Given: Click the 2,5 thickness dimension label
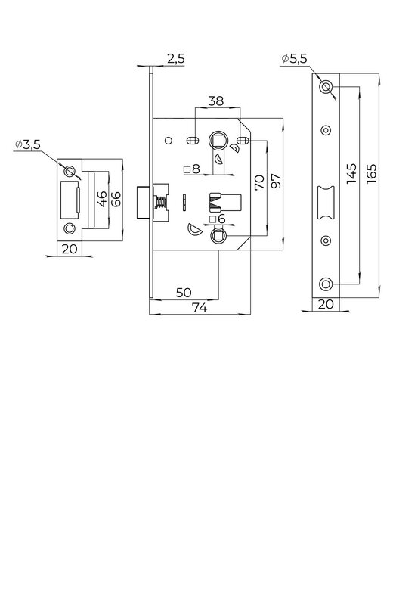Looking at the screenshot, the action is tap(176, 59).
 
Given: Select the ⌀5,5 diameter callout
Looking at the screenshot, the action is tap(294, 59).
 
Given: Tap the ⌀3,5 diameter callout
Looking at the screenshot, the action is tap(27, 144).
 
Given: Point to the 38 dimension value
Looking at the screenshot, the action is tap(215, 101).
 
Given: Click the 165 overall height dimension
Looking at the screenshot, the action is tap(371, 174).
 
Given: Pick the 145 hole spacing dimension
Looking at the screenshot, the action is tap(351, 174).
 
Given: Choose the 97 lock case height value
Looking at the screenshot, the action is tap(276, 181).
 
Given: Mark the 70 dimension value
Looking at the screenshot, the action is tap(259, 182).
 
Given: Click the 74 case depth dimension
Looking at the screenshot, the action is tap(200, 308).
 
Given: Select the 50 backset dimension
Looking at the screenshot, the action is tap(184, 293).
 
